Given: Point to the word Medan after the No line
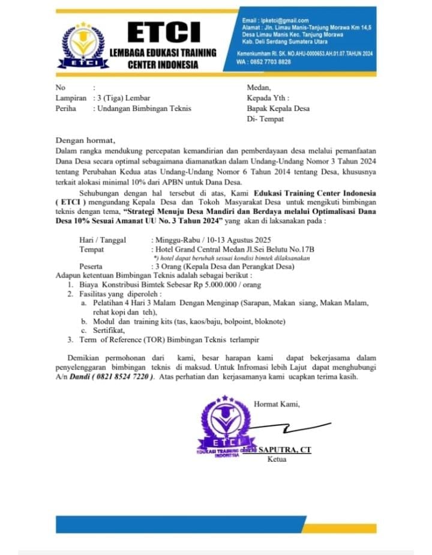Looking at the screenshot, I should (x=259, y=87).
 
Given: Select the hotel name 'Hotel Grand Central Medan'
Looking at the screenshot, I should (x=196, y=249).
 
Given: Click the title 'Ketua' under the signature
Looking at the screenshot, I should (x=277, y=459).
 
